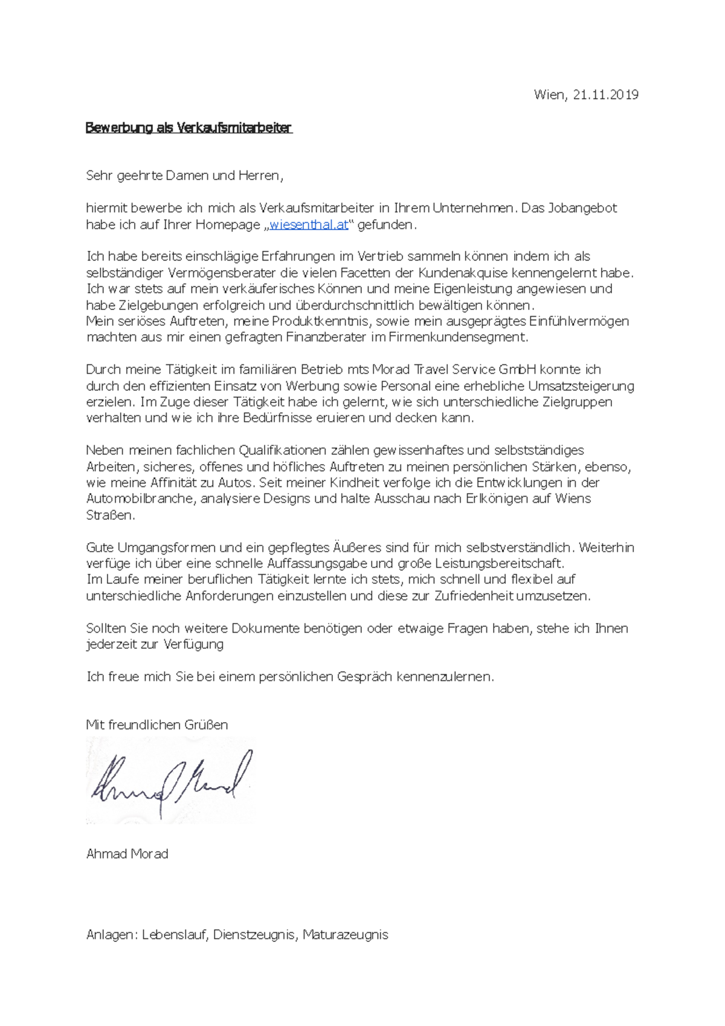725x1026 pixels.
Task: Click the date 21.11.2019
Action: point(605,94)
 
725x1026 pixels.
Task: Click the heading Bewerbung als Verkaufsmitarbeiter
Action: point(188,127)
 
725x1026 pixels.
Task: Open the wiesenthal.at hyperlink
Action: point(309,225)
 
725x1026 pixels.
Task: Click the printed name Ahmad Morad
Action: point(127,854)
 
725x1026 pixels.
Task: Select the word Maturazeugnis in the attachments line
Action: point(345,935)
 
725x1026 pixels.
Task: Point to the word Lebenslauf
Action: point(175,935)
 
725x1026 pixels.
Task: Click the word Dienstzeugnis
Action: point(254,935)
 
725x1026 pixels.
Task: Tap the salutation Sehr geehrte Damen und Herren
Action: point(184,176)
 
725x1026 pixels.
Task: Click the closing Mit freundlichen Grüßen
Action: point(157,724)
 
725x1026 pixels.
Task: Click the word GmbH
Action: point(512,369)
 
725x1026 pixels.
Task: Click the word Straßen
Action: point(111,515)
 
